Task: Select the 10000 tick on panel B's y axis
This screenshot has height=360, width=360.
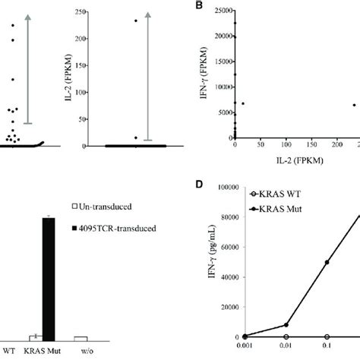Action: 221,88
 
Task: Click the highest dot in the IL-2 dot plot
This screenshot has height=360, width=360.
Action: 136,21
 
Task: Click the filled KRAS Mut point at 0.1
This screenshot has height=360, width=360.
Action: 327,262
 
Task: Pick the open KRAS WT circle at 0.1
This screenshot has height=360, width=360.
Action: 327,336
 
